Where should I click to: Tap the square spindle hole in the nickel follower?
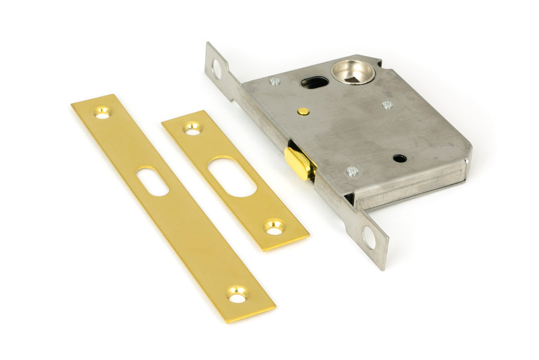(x=352, y=71)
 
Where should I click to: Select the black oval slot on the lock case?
(x=314, y=82)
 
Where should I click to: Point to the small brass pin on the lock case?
(x=304, y=111)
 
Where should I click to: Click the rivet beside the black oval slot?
(x=275, y=81)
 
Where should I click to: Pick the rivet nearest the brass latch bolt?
(x=352, y=171)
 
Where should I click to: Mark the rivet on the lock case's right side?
(x=387, y=105)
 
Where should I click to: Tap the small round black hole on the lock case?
(x=400, y=158)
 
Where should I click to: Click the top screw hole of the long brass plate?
(x=102, y=113)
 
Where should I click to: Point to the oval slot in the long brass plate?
(x=153, y=181)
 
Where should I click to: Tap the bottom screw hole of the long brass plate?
(x=237, y=295)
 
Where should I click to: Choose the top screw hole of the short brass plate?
(x=192, y=129)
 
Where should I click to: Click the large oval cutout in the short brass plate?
(x=232, y=177)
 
